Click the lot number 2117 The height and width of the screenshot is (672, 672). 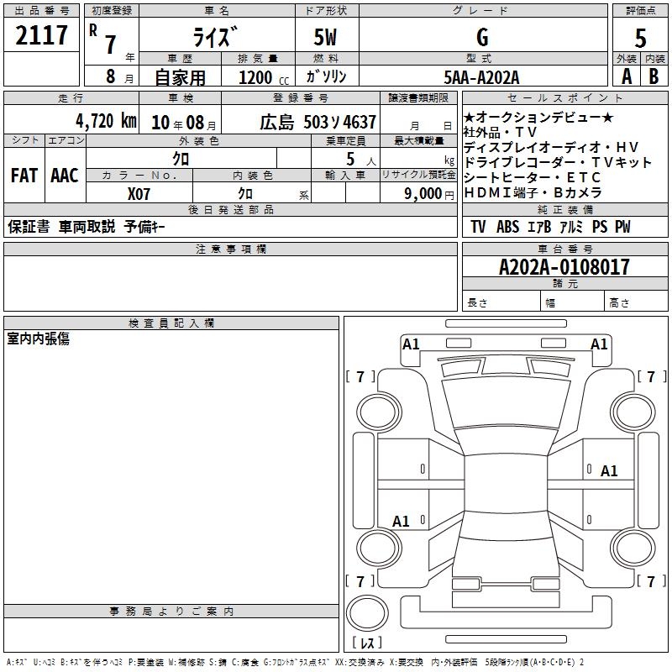click(x=41, y=34)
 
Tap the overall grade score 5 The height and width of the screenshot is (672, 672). click(x=640, y=38)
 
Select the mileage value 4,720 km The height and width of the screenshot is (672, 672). click(x=106, y=121)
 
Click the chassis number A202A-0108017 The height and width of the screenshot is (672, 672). click(x=564, y=266)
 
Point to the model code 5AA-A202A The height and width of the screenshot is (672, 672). click(x=481, y=77)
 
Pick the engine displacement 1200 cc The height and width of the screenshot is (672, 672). click(x=264, y=77)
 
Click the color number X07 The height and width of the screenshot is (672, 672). click(x=139, y=194)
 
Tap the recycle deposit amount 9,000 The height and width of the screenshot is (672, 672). click(x=423, y=193)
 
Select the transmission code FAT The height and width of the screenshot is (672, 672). click(x=24, y=176)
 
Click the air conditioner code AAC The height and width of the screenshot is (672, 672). click(x=65, y=176)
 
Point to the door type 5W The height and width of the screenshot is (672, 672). click(x=325, y=37)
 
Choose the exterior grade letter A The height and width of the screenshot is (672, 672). click(x=627, y=76)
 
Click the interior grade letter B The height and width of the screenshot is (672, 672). click(x=654, y=76)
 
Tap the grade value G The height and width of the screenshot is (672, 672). click(x=482, y=37)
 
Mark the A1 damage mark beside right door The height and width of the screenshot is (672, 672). click(x=608, y=471)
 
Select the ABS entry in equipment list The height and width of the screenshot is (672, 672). click(x=507, y=227)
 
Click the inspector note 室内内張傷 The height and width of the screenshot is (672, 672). click(x=38, y=339)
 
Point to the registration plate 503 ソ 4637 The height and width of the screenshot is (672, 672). click(x=340, y=123)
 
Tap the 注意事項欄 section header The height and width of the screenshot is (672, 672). click(x=231, y=249)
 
